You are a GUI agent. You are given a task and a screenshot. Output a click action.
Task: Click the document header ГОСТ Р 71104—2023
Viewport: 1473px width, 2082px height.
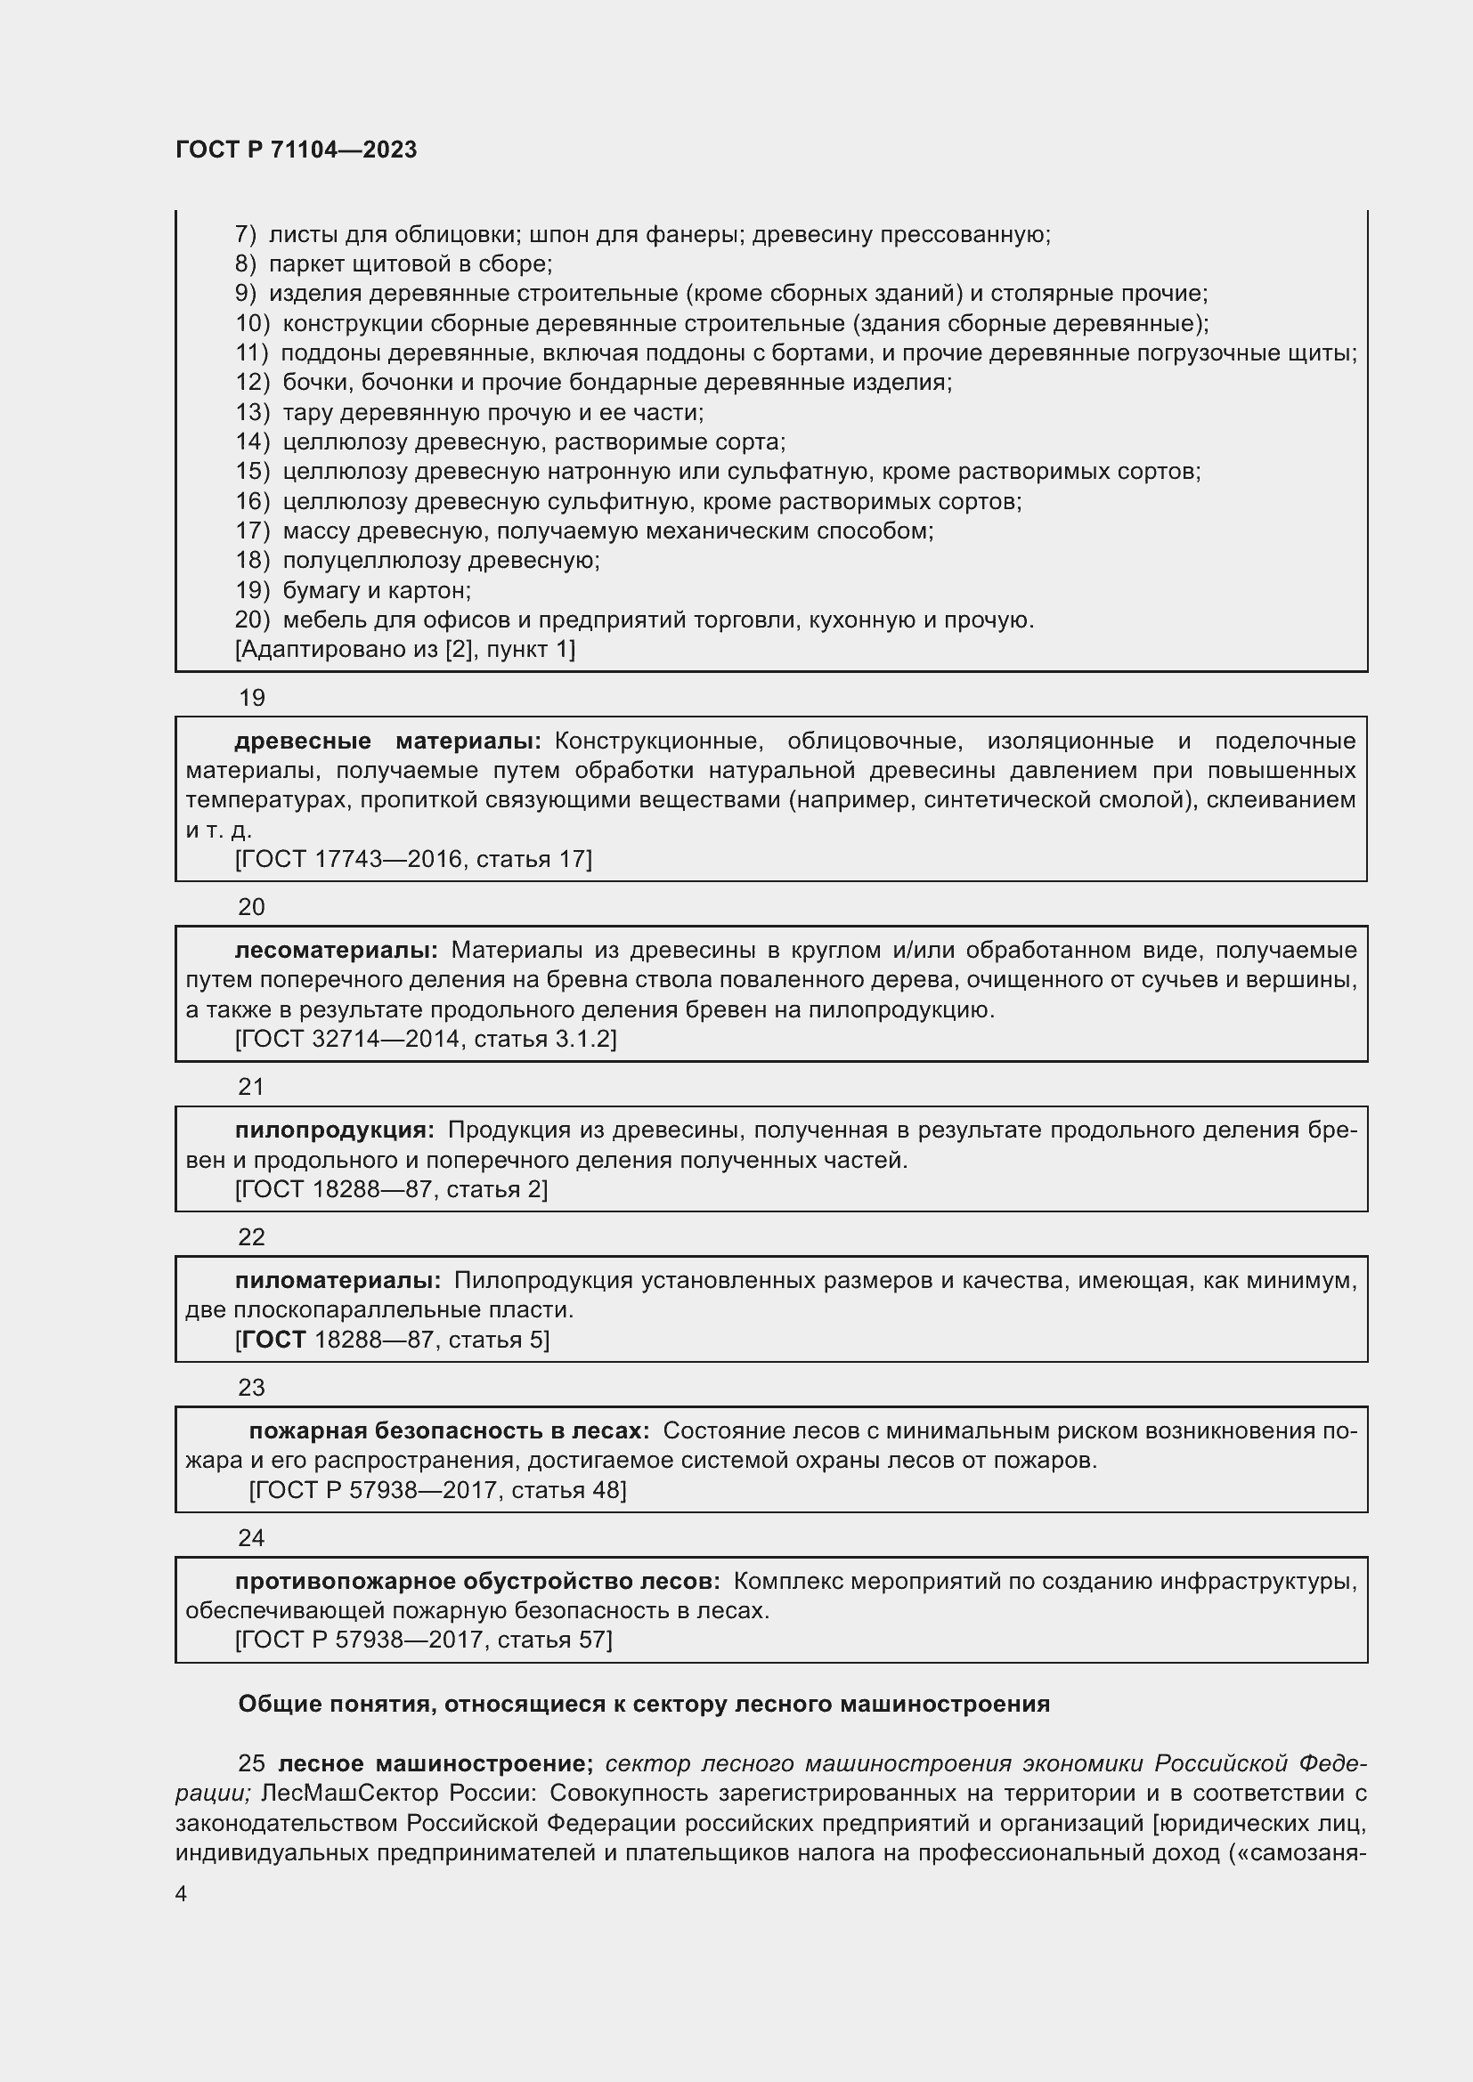(296, 150)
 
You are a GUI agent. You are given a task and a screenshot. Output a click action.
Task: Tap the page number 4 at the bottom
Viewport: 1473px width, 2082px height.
(182, 1893)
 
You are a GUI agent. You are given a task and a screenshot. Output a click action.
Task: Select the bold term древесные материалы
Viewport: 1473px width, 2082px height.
(387, 741)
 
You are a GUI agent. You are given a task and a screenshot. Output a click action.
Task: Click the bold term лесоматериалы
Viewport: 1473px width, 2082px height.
(336, 950)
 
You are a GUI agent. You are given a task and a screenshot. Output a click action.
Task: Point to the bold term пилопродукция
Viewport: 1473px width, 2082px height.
(334, 1130)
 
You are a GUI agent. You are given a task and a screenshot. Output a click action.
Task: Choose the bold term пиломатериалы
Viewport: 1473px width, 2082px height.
(338, 1280)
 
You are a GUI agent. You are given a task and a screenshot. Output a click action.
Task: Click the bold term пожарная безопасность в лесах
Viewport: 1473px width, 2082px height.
(449, 1431)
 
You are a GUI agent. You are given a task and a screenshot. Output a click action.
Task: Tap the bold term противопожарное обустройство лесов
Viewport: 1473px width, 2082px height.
(477, 1582)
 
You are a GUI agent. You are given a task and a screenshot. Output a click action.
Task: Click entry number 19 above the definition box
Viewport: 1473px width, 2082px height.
(251, 697)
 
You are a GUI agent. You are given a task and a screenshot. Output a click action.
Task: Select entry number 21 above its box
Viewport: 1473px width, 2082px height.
(251, 1086)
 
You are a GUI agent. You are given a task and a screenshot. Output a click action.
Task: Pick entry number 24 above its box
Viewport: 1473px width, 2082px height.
(251, 1538)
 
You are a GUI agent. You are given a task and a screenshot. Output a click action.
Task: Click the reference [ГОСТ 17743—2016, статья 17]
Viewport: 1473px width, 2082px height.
(412, 859)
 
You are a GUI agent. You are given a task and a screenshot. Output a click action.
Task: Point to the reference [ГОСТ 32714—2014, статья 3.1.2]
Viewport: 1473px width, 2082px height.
(426, 1038)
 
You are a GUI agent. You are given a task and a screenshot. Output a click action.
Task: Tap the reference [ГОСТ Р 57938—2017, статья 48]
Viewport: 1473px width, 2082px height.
(437, 1490)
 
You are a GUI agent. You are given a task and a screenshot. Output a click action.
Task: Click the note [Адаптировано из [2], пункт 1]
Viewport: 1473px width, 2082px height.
(404, 649)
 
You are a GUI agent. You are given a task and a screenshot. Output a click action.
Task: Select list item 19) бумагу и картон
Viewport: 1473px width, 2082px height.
(353, 590)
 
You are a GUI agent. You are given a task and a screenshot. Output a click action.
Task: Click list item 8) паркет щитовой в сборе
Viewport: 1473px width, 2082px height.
(394, 263)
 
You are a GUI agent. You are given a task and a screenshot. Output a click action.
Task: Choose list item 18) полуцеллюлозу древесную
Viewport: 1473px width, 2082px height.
(417, 561)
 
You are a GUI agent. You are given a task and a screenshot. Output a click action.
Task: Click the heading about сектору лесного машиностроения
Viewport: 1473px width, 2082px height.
(644, 1704)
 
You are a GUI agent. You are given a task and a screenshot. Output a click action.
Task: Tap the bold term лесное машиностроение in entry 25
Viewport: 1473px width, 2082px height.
(435, 1763)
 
